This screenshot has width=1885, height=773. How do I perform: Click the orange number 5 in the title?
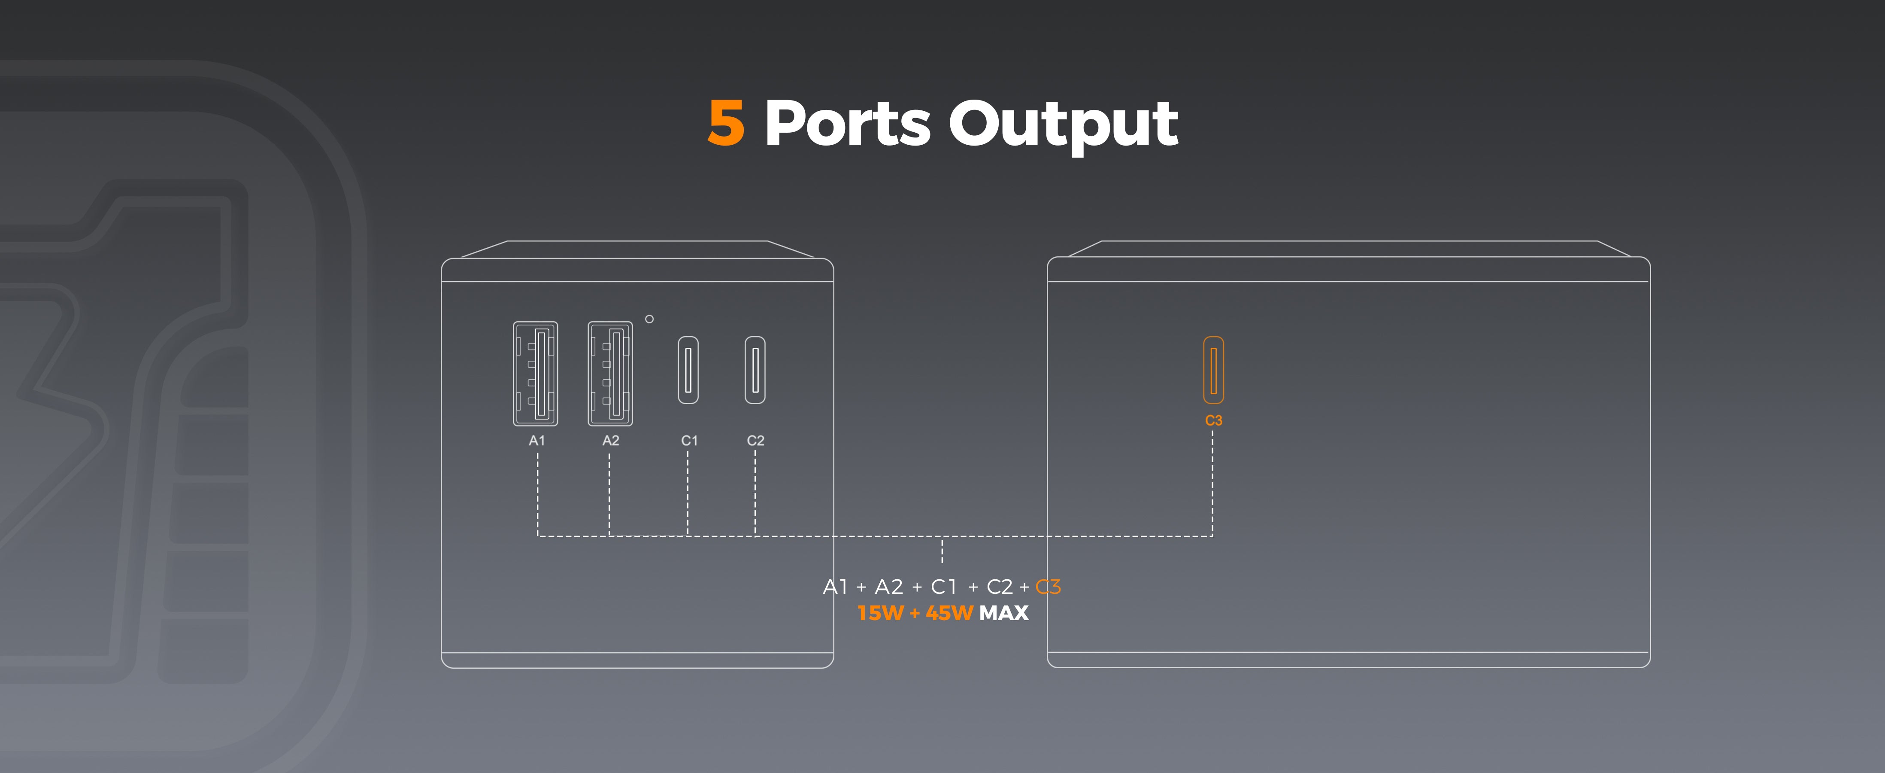click(x=726, y=123)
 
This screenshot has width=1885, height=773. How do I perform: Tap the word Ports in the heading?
click(x=847, y=123)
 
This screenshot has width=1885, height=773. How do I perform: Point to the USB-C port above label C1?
click(x=688, y=370)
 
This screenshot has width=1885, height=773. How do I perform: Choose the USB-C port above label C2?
click(x=755, y=370)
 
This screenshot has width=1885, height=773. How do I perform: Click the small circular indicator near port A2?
click(x=649, y=319)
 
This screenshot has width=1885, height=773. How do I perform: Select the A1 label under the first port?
click(x=537, y=441)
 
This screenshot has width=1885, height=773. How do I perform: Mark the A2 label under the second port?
click(x=610, y=441)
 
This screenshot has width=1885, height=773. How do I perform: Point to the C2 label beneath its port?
click(x=755, y=441)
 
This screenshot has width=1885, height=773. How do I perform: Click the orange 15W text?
click(x=880, y=613)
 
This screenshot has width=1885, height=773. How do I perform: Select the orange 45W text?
click(x=949, y=613)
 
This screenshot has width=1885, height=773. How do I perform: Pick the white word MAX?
click(x=1003, y=613)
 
